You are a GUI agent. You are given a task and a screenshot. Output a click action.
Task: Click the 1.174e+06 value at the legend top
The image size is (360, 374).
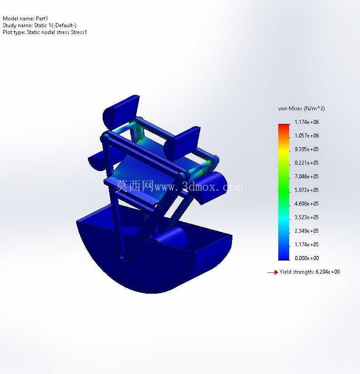click(x=306, y=122)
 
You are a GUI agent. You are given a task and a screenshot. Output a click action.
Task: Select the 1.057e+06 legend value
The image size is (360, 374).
click(x=306, y=136)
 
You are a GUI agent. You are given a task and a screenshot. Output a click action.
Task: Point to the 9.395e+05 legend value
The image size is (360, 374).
click(x=306, y=149)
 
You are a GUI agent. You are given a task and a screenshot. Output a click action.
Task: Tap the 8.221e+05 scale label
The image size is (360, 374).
click(x=306, y=163)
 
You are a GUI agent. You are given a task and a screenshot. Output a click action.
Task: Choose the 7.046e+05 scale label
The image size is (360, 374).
click(x=306, y=177)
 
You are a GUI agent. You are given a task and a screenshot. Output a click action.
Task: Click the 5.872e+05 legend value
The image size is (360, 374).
click(x=306, y=190)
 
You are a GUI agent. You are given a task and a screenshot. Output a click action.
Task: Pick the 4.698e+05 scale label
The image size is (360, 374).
click(x=306, y=204)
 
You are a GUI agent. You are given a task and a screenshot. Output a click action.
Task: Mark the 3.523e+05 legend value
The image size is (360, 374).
click(x=306, y=217)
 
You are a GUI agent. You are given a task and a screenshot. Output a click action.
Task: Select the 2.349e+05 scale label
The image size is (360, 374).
click(x=306, y=231)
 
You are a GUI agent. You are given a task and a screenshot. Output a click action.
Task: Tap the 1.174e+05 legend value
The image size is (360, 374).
click(x=306, y=245)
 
